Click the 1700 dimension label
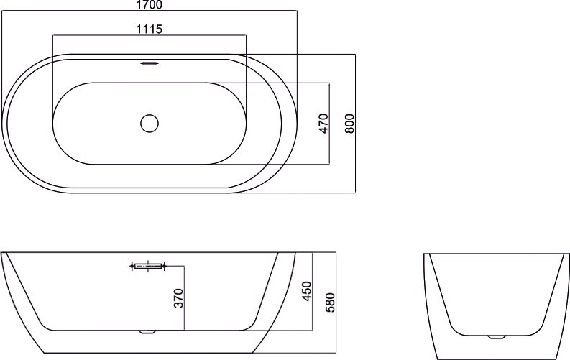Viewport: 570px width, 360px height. tap(150, 5)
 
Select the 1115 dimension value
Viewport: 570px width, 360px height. tap(149, 29)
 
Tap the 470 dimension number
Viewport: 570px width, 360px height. tap(323, 124)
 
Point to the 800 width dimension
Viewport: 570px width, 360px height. tap(349, 124)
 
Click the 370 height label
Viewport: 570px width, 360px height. tap(178, 298)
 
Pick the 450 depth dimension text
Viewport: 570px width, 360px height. tap(307, 291)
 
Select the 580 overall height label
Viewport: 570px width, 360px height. tap(330, 303)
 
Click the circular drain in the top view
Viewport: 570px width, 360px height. tap(150, 124)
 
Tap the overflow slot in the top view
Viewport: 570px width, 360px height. tap(150, 63)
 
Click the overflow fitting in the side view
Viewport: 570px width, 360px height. tap(148, 267)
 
